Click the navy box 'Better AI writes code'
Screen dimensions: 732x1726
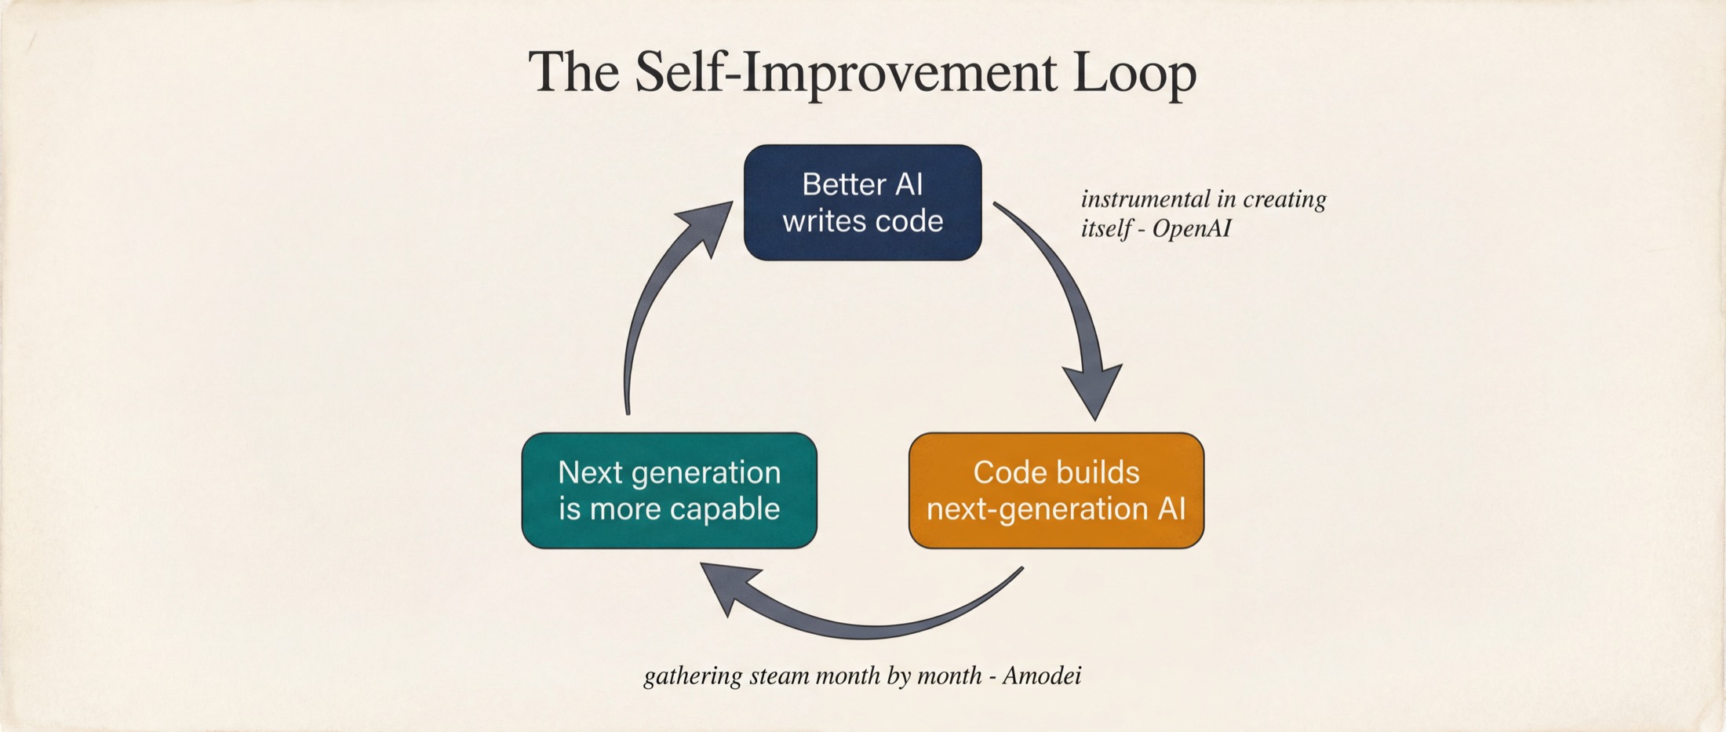862,202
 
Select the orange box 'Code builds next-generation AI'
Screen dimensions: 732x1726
1056,490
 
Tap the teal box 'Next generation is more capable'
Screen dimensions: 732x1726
669,490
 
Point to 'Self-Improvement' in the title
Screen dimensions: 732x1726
846,72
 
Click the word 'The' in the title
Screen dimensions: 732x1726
574,72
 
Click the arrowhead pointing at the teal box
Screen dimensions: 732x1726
726,587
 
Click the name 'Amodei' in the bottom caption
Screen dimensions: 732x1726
1042,676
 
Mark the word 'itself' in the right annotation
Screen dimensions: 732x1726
1105,228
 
